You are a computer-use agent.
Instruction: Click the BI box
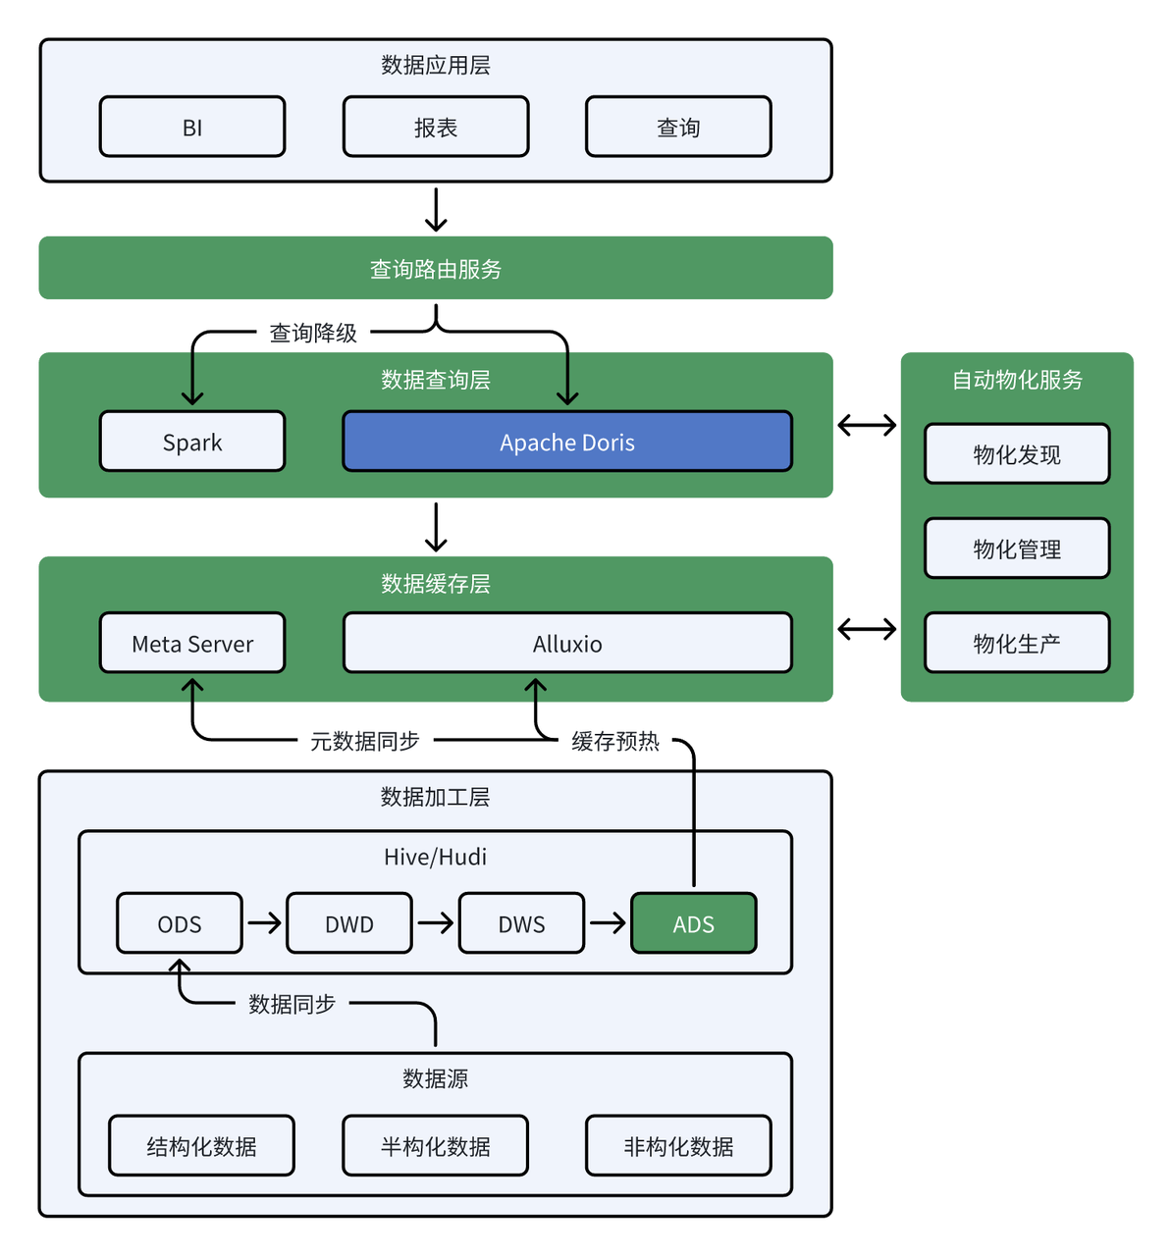click(192, 127)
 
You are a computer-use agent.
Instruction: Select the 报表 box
click(436, 127)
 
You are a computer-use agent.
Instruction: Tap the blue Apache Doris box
click(567, 442)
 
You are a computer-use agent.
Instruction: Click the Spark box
click(192, 442)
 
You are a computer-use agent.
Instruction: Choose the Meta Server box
click(192, 644)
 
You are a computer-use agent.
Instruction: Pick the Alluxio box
click(567, 644)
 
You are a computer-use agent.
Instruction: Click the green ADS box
click(693, 923)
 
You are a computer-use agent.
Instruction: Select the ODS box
click(180, 923)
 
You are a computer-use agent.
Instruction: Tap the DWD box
click(349, 923)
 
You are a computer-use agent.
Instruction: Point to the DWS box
click(521, 923)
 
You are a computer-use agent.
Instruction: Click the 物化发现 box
click(1017, 454)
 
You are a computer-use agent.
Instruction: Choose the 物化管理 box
click(1017, 549)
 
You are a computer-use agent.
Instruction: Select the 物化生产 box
click(1017, 644)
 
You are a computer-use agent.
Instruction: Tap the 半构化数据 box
click(436, 1146)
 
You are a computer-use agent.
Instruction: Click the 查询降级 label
click(313, 334)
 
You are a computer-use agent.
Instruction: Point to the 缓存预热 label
click(615, 742)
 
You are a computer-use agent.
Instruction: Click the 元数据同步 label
click(365, 742)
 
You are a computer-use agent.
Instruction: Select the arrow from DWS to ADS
click(608, 922)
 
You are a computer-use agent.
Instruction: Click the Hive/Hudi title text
click(435, 857)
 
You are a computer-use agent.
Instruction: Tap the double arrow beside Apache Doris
click(867, 425)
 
